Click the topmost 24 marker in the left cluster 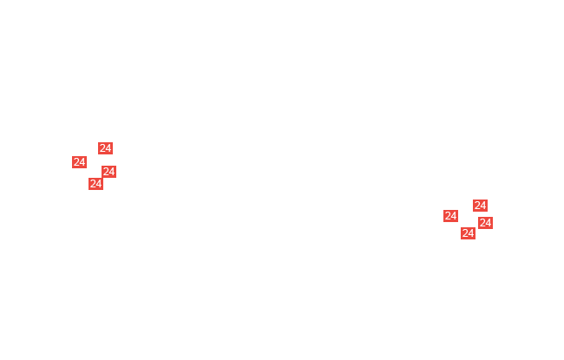tap(105, 148)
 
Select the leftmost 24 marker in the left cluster tap(79, 162)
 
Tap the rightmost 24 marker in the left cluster tap(108, 172)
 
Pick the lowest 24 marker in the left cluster tap(95, 184)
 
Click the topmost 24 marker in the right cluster tap(480, 206)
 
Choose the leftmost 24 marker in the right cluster tap(450, 216)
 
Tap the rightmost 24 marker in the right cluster tap(485, 223)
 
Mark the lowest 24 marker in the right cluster tap(468, 233)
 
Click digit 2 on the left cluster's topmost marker tap(102, 148)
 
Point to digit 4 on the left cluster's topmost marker tap(108, 148)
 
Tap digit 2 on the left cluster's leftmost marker tap(76, 162)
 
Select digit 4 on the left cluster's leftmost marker tap(82, 162)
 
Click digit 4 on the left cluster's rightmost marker tap(112, 172)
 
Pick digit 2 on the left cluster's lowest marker tap(93, 184)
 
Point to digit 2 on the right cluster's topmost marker tap(477, 206)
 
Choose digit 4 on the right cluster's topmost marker tap(483, 206)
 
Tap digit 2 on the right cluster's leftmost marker tap(448, 216)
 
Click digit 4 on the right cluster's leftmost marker tap(454, 216)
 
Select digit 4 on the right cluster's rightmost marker tap(489, 223)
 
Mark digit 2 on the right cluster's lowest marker tap(465, 233)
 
